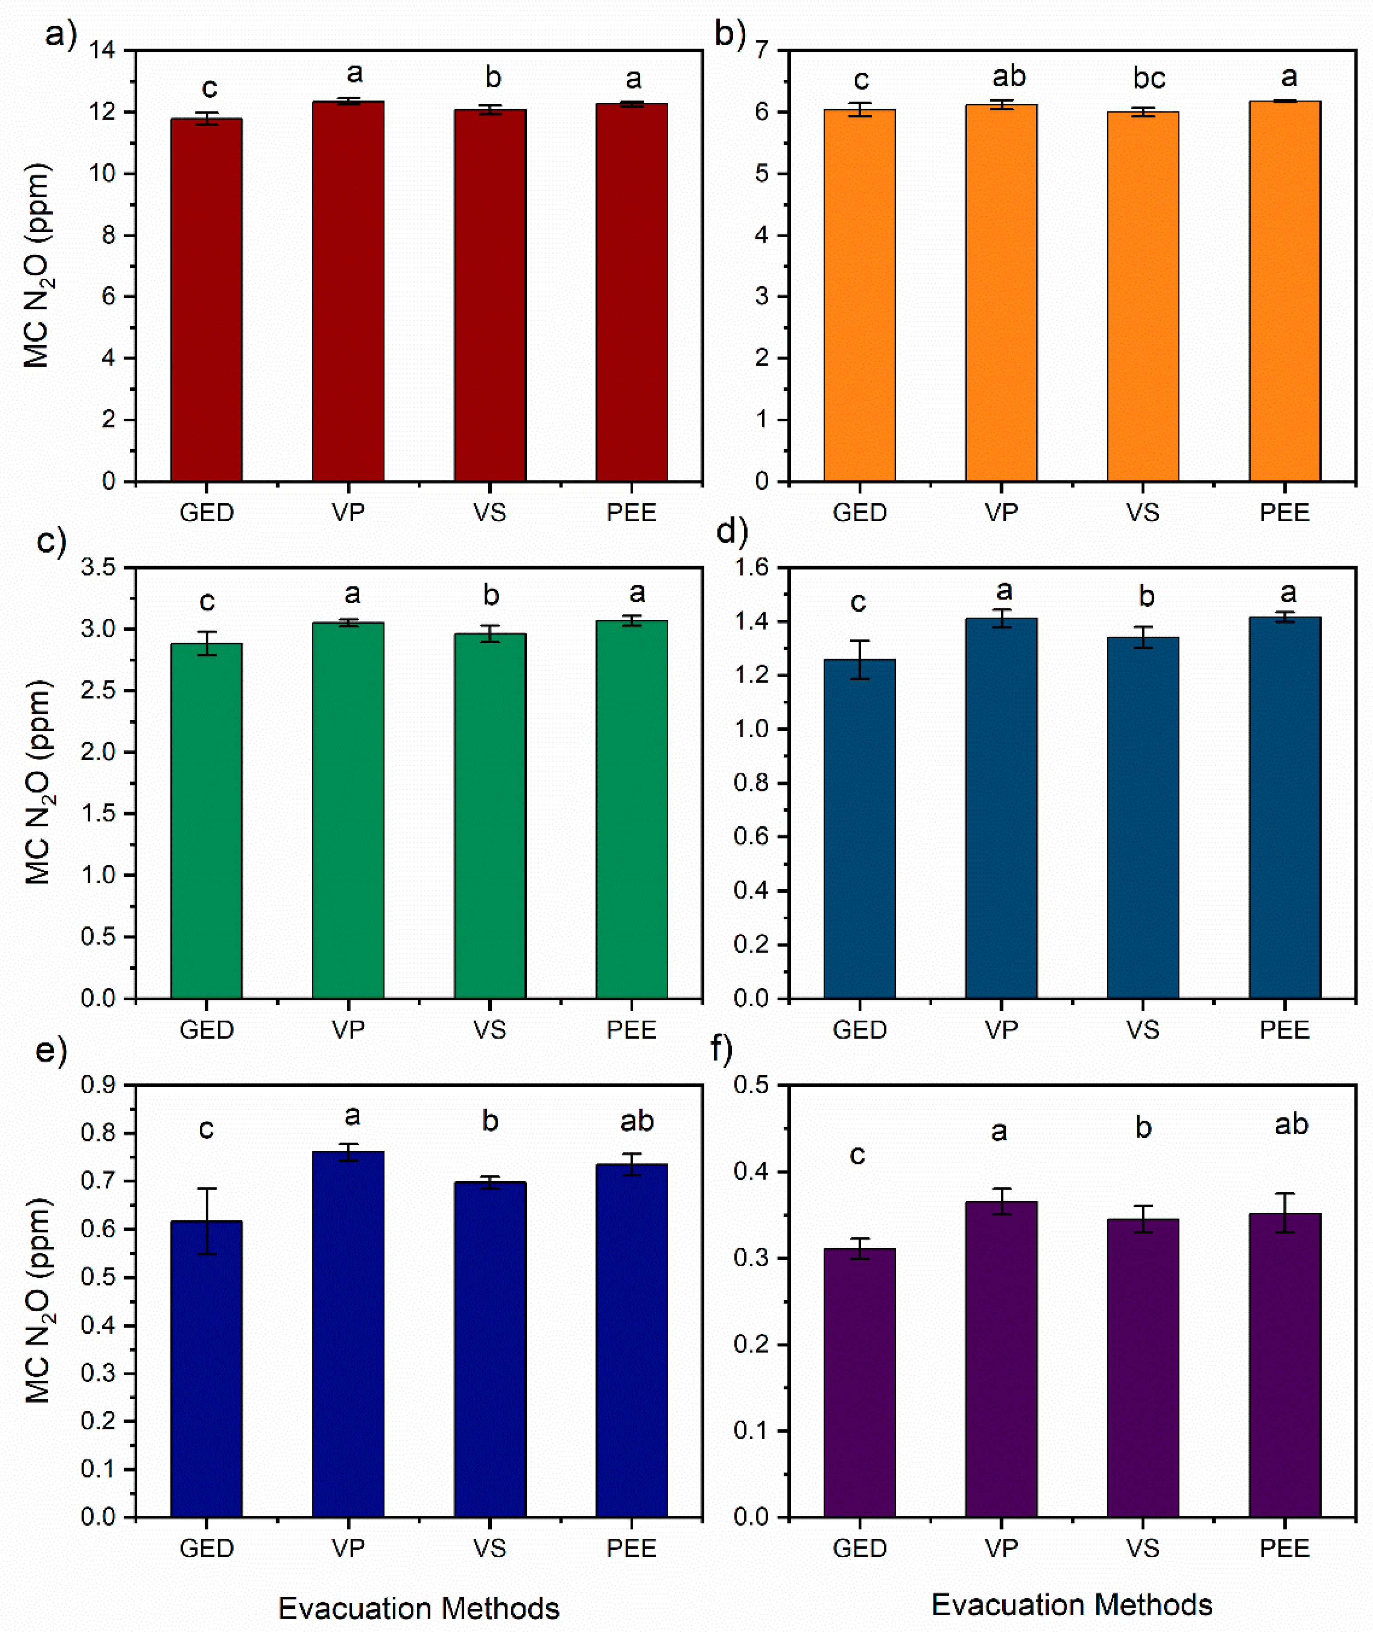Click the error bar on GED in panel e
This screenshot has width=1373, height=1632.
point(206,1221)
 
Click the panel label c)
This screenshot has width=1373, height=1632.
point(51,539)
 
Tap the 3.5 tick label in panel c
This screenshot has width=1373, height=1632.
point(98,568)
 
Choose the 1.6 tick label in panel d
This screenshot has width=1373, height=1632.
point(751,568)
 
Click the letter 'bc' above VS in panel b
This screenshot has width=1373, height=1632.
point(1149,78)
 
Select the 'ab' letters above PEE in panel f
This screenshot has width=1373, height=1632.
point(1291,1124)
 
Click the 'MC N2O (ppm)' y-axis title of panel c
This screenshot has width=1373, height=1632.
point(37,782)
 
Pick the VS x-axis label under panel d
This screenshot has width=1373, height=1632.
point(1143,1030)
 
